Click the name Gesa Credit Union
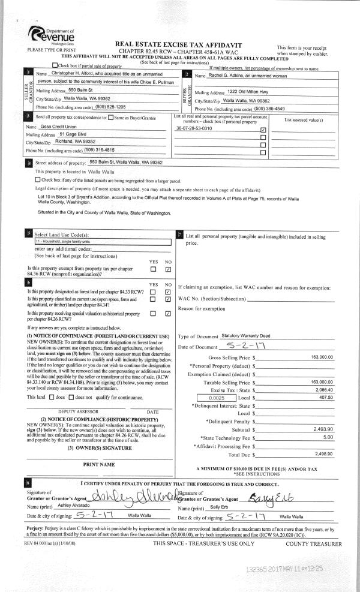pos(60,128)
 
